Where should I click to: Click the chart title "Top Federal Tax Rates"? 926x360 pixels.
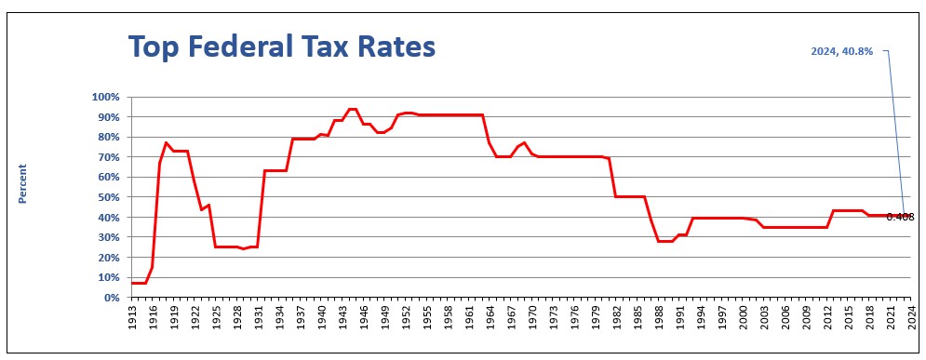(282, 46)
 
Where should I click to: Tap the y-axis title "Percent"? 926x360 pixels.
(22, 184)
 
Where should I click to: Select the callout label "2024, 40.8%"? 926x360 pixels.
(841, 52)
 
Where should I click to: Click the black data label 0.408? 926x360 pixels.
(901, 217)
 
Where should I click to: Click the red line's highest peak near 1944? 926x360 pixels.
(353, 109)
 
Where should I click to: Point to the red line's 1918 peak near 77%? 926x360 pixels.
(167, 143)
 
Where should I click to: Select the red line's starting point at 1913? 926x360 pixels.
(132, 284)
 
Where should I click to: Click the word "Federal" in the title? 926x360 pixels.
(239, 46)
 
